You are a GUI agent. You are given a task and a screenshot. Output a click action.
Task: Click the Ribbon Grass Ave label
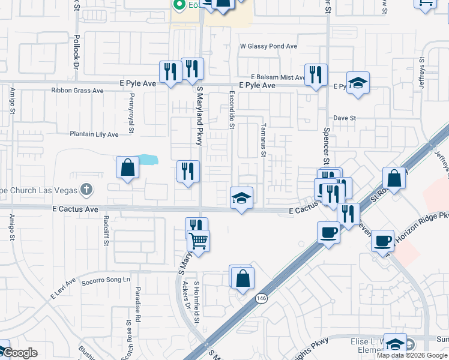[x=77, y=91]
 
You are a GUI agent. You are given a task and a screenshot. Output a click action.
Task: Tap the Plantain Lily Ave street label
[x=94, y=134]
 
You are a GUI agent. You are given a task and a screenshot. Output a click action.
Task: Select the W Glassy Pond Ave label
[x=268, y=46]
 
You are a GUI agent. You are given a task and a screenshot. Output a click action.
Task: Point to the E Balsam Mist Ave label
[x=279, y=77]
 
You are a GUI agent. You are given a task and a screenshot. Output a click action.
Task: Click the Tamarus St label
[x=263, y=140]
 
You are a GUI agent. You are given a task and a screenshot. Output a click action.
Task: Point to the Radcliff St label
[x=106, y=233]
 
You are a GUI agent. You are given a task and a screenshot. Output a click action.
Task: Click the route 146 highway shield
[x=262, y=298]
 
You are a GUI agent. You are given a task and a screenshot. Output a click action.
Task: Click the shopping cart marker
[x=198, y=242]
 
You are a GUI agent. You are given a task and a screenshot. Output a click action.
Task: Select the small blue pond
[x=148, y=160]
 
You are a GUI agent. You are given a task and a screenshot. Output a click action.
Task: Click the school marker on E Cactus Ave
[x=241, y=199]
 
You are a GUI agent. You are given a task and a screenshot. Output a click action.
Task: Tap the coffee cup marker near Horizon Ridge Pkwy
[x=383, y=242]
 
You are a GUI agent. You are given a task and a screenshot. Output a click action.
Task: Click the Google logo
[x=19, y=353]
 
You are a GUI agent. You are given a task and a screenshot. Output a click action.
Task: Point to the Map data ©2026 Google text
[x=411, y=355]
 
